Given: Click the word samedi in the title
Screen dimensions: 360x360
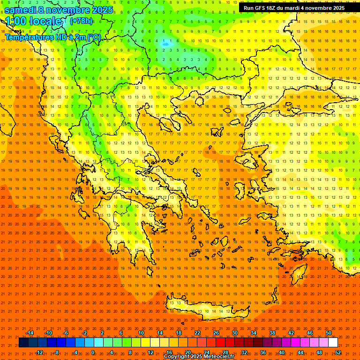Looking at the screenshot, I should (21, 10).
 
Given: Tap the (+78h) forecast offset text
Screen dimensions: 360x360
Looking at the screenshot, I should (81, 21).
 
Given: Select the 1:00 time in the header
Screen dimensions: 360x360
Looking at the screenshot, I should (16, 21).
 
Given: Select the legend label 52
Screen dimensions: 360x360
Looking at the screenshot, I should (338, 352).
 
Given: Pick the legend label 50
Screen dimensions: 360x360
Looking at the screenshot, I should (329, 333).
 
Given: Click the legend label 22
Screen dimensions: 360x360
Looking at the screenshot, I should (197, 333).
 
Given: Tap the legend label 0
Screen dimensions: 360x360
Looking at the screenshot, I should (93, 352).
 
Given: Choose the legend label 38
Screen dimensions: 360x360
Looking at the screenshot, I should (272, 333).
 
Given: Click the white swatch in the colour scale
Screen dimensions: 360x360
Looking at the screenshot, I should (333, 343).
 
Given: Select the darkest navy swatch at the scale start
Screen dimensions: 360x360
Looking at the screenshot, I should (24, 343).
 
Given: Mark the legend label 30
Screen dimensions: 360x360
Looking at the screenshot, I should (235, 333).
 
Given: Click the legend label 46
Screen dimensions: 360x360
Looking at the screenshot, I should (310, 333).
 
